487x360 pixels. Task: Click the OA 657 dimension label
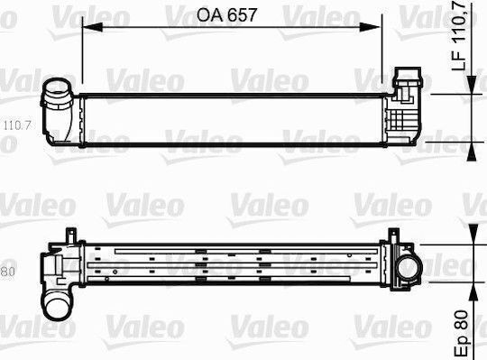coord(226,14)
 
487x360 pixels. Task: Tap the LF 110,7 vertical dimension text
coord(459,35)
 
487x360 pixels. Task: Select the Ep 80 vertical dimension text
coord(461,333)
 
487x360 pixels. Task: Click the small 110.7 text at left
coord(17,125)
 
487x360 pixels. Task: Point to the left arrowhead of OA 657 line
coord(92,27)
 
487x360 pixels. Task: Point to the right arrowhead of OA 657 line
coord(370,27)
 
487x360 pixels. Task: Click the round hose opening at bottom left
coord(58,308)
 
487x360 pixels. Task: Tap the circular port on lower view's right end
coord(410,267)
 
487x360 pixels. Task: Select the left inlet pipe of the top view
coord(58,111)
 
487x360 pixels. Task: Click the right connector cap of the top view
coord(408,78)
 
